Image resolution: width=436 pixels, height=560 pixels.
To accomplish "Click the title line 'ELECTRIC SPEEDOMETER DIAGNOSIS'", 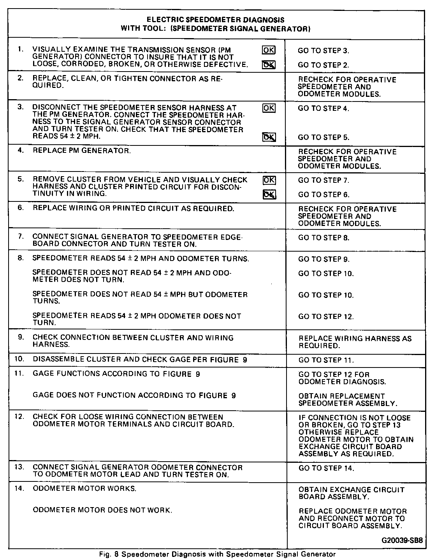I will tap(215, 19).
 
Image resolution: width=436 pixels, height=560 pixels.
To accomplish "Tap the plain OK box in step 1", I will tap(268, 50).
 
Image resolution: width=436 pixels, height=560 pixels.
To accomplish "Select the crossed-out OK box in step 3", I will tap(269, 137).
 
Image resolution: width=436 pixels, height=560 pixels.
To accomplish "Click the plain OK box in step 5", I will tap(269, 180).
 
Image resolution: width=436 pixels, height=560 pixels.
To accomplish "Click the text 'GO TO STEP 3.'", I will tap(323, 51).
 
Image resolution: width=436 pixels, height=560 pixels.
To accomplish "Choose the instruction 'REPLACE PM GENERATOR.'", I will tap(82, 151).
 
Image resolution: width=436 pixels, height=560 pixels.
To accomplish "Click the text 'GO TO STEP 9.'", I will tap(324, 259).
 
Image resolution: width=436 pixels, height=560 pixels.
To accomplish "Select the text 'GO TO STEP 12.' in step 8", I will tap(326, 317).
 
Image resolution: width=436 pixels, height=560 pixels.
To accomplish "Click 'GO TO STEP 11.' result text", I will tap(326, 360).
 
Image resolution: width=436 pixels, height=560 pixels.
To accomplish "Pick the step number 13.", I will tap(20, 467).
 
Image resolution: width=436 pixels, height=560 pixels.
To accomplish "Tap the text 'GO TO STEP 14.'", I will tap(326, 468).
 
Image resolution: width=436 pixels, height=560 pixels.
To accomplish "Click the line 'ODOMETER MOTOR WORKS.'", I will tap(84, 488).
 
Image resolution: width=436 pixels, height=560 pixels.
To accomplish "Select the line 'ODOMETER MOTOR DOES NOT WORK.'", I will tap(102, 510).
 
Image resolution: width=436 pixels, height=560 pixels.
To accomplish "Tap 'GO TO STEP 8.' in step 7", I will tap(324, 238).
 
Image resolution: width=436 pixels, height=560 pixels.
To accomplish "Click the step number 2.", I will tap(21, 79).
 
